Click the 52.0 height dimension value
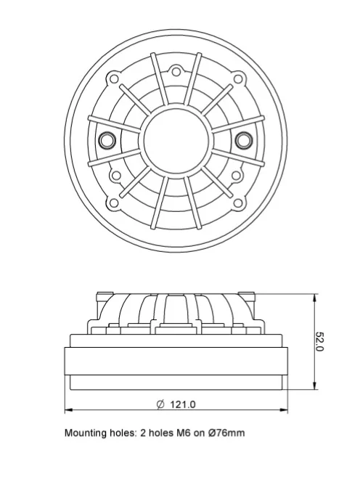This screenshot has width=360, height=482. (x=320, y=342)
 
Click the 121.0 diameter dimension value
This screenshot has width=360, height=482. (x=183, y=404)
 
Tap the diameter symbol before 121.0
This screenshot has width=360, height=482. (x=160, y=404)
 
